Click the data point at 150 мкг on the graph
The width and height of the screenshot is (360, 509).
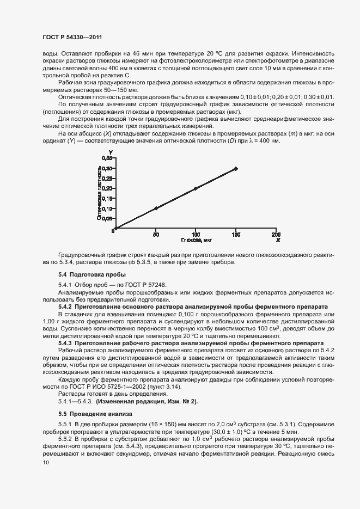tap(236, 169)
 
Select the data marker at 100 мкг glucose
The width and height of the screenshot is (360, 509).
tap(196, 188)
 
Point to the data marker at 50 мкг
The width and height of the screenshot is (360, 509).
tap(156, 208)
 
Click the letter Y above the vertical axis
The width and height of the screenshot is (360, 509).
tap(111, 153)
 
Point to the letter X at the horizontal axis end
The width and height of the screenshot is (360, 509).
tap(278, 240)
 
